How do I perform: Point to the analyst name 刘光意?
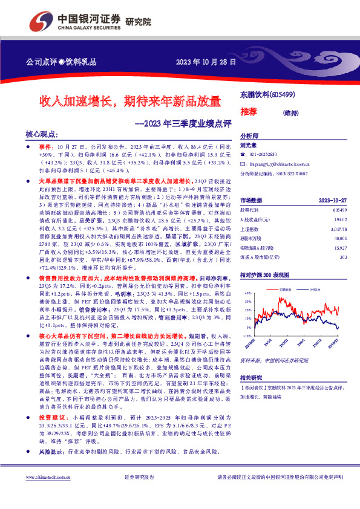point(249,146)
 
